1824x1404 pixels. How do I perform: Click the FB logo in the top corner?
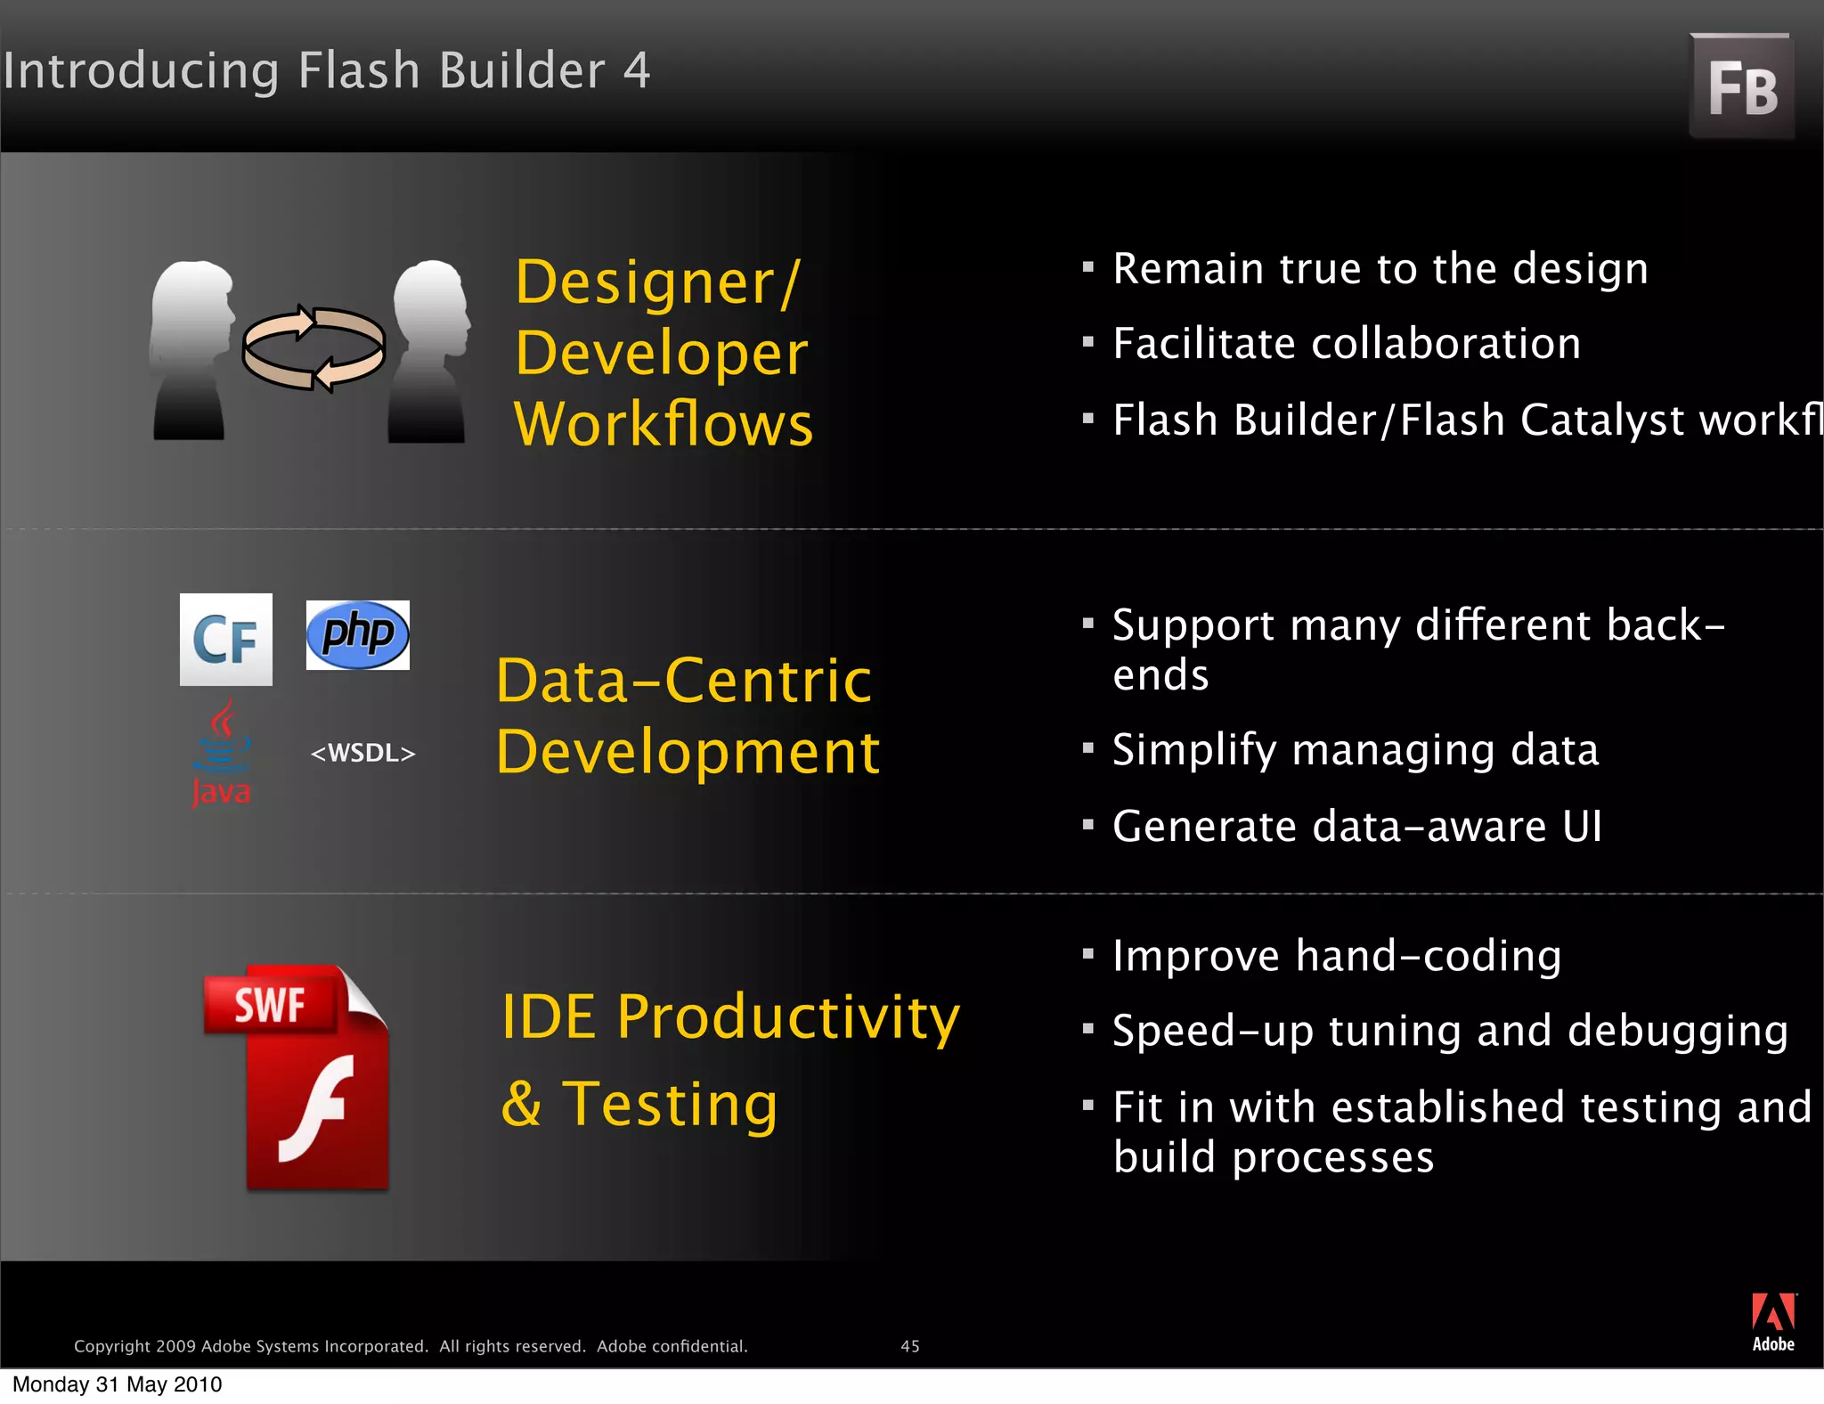point(1741,87)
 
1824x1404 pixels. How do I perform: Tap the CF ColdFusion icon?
point(225,639)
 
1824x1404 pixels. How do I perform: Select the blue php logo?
point(357,634)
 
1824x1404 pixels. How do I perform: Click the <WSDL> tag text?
point(362,754)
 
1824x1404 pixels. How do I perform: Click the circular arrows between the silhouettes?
point(313,348)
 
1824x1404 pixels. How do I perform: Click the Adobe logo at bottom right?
point(1772,1322)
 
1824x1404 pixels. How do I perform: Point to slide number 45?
point(909,1346)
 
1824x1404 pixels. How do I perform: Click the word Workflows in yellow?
point(664,424)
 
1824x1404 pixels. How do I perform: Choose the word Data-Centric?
point(683,682)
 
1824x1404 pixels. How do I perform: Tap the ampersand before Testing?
point(521,1104)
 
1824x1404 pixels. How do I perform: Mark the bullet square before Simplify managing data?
point(1087,748)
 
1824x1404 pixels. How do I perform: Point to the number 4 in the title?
point(636,70)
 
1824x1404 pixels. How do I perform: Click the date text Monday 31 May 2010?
point(117,1384)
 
